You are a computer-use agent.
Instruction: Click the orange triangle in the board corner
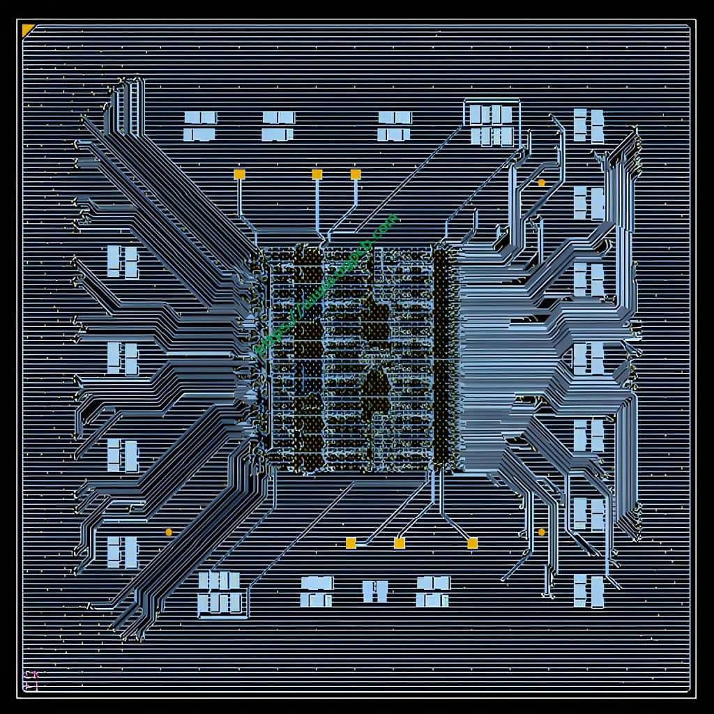(27, 29)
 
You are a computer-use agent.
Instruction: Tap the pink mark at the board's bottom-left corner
(31, 681)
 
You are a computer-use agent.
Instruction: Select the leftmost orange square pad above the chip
(239, 174)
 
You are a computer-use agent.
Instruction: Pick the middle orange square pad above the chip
(317, 174)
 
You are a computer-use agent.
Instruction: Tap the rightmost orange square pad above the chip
(356, 174)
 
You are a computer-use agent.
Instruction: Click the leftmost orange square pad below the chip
(351, 543)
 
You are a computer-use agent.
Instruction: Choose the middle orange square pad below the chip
(400, 543)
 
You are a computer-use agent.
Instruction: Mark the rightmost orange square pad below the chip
(472, 543)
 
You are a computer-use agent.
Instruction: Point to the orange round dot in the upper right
(541, 183)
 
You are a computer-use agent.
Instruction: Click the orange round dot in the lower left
(169, 532)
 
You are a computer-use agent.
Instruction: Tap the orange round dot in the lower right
(541, 532)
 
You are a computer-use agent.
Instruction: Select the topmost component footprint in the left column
(122, 262)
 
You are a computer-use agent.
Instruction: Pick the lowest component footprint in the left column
(122, 552)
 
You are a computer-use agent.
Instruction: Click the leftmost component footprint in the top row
(200, 126)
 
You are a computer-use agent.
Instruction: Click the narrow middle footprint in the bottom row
(375, 591)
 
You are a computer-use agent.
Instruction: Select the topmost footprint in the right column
(588, 126)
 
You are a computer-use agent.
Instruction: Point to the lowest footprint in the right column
(588, 591)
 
